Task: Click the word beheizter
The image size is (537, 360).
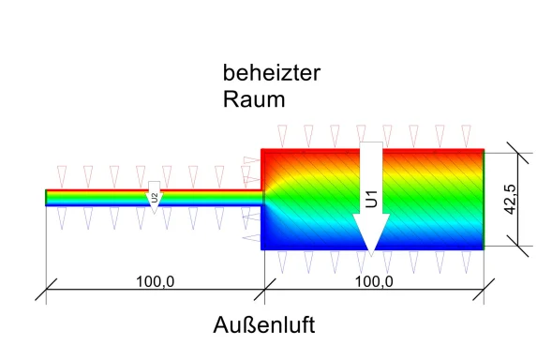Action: tap(266, 72)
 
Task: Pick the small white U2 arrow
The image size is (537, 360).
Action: tap(155, 198)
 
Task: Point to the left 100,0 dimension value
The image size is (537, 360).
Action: tap(156, 281)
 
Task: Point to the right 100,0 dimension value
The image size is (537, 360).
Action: tap(374, 281)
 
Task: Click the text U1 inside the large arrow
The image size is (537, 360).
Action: tap(371, 199)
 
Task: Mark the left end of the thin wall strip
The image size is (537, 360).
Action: tap(47, 197)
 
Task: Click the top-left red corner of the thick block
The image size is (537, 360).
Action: tap(263, 152)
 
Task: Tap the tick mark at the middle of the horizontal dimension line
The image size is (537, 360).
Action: tap(265, 292)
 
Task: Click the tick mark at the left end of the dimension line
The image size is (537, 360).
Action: tap(47, 292)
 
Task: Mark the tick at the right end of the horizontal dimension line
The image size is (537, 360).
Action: tap(484, 292)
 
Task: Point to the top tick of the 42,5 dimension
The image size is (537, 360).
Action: tap(508, 152)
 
